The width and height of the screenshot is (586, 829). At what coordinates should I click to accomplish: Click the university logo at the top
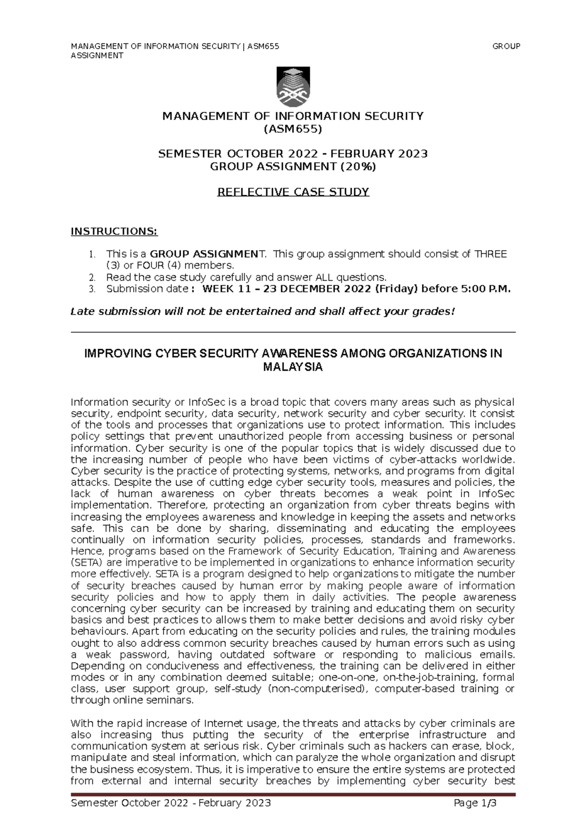[293, 86]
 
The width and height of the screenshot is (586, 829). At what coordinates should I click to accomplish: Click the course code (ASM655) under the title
[293, 129]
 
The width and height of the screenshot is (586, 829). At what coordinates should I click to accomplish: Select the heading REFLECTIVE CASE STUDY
[293, 192]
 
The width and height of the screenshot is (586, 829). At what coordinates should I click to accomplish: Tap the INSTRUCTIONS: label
[114, 231]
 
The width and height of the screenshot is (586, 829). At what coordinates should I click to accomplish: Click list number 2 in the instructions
[91, 277]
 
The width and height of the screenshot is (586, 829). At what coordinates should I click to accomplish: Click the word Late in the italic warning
[83, 311]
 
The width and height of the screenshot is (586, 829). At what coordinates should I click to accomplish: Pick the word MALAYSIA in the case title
[293, 367]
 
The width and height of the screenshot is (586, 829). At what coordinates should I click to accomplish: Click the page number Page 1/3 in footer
[475, 804]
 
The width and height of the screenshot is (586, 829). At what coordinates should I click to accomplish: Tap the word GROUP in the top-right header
[506, 46]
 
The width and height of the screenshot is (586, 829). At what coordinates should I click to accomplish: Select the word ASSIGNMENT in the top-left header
[97, 56]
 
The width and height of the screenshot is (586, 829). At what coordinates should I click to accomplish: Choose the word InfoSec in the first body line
[207, 402]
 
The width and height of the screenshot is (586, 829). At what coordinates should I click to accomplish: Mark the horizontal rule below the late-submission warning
[293, 332]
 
